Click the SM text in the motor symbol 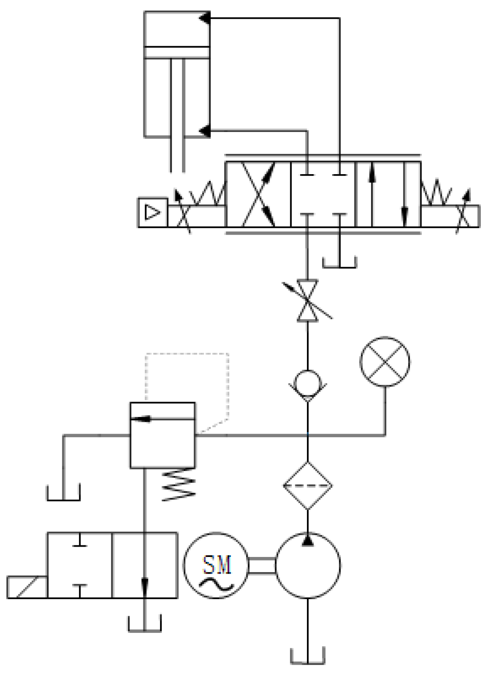217,565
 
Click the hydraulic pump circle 308,565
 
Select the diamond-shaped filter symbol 308,485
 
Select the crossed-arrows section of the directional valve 258,194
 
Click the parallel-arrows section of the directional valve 388,194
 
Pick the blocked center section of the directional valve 323,194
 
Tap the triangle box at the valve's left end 153,212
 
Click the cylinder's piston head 177,52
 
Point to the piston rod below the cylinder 177,153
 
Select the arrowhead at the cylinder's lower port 204,131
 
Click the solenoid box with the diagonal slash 27,587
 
